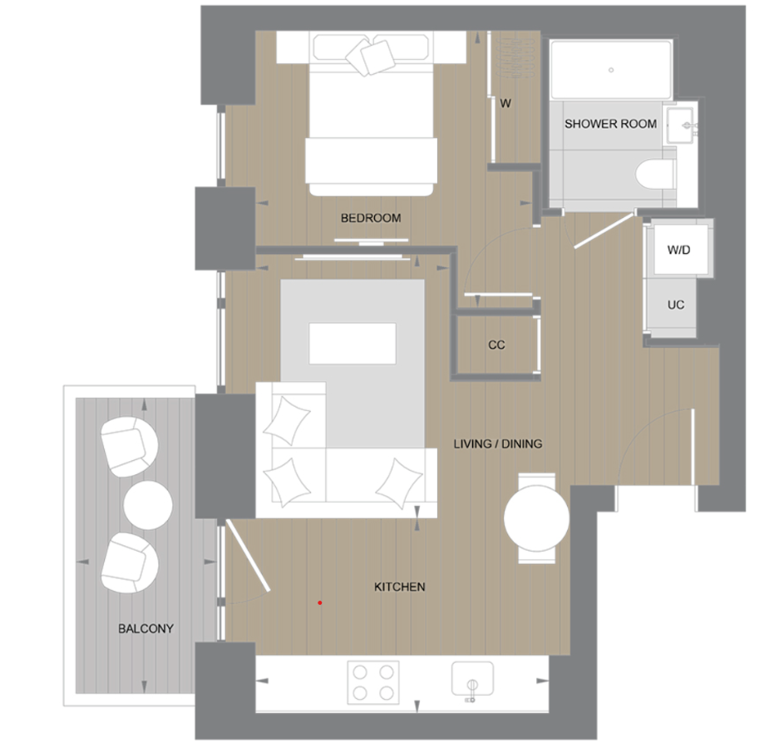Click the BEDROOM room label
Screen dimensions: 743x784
pyautogui.click(x=371, y=218)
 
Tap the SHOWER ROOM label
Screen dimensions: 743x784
pyautogui.click(x=610, y=124)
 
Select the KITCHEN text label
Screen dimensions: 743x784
pyautogui.click(x=399, y=587)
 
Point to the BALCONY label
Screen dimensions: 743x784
pyautogui.click(x=145, y=628)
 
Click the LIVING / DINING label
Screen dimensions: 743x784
pyautogui.click(x=497, y=443)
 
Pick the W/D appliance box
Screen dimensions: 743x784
pyautogui.click(x=678, y=250)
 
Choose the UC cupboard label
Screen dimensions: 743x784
pyautogui.click(x=676, y=305)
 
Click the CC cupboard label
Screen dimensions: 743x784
pyautogui.click(x=496, y=344)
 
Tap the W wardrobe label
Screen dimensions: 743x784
pyautogui.click(x=505, y=104)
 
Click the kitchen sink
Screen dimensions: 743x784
pyautogui.click(x=471, y=677)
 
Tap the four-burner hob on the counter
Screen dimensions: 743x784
pyautogui.click(x=372, y=681)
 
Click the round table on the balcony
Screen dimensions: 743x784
pyautogui.click(x=148, y=504)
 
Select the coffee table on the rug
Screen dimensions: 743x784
pyautogui.click(x=352, y=344)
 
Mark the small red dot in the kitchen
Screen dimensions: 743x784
pyautogui.click(x=319, y=602)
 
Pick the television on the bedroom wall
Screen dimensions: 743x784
pyautogui.click(x=360, y=242)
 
